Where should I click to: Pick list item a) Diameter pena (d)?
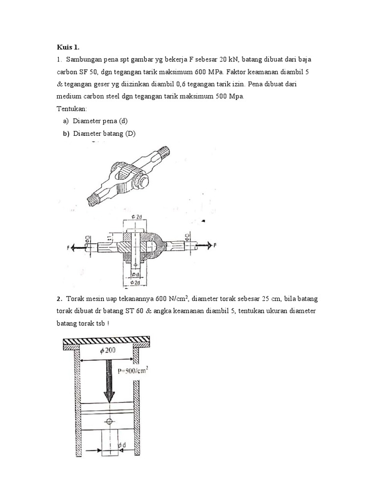(x=98, y=121)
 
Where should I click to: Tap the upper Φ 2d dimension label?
(x=137, y=216)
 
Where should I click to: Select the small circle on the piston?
(x=109, y=421)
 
